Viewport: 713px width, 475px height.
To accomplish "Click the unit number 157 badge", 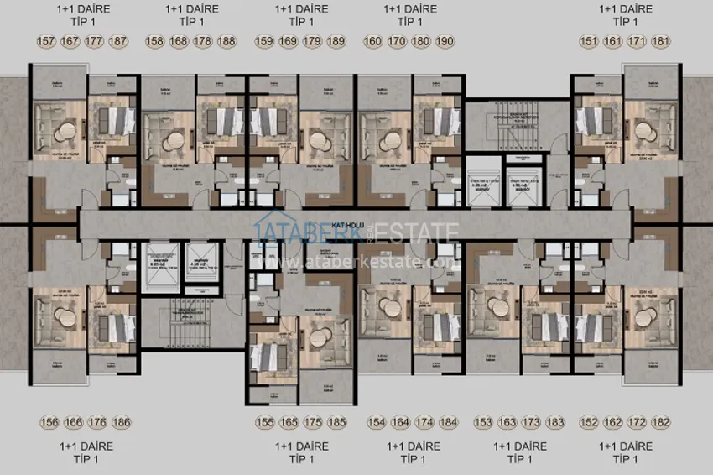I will (x=46, y=41).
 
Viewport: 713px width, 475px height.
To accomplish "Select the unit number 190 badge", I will (x=445, y=41).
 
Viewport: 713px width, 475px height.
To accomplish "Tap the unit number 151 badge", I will (x=589, y=41).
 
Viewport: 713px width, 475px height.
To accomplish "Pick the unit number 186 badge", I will (x=121, y=423).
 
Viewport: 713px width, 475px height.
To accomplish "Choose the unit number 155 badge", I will (x=266, y=423).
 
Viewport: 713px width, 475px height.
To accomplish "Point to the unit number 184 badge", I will (x=449, y=423).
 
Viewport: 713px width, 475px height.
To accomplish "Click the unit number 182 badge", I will (x=662, y=423).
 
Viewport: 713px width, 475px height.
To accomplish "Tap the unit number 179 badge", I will (x=312, y=41).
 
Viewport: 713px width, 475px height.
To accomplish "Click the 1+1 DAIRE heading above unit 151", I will (x=625, y=9).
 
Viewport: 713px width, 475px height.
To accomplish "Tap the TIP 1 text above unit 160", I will (x=409, y=23).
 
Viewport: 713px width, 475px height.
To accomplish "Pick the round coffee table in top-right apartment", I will (x=644, y=132).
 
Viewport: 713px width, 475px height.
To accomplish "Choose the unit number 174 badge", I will (x=424, y=423).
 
